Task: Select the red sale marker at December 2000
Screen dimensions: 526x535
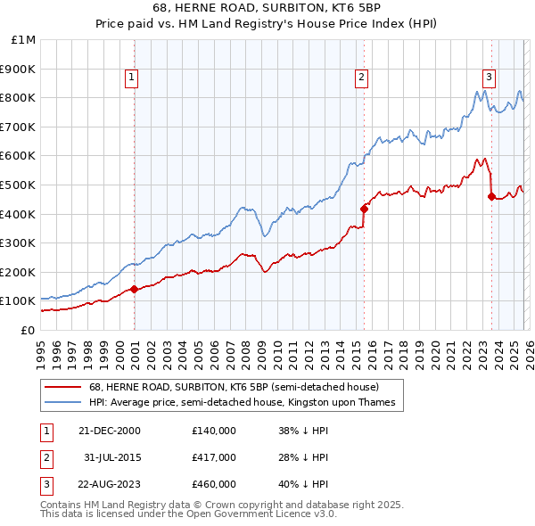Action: [134, 289]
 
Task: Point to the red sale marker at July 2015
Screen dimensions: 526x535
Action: [364, 209]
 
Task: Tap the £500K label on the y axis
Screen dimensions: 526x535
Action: [20, 185]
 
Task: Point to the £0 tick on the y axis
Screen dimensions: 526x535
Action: [27, 330]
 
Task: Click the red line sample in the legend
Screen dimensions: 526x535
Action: [64, 387]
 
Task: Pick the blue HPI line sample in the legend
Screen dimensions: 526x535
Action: [64, 403]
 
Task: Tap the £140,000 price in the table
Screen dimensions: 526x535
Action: [214, 430]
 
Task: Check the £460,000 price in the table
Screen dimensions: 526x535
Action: [214, 485]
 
